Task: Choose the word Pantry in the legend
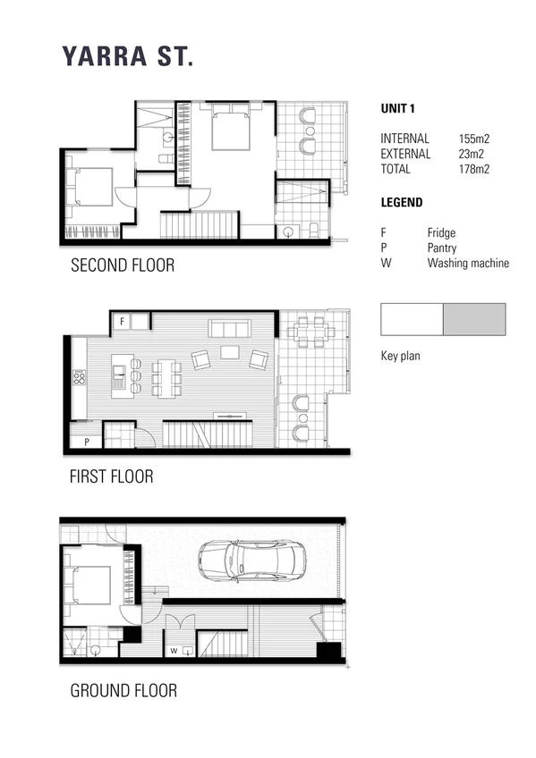click(x=443, y=247)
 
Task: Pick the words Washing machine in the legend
click(x=467, y=263)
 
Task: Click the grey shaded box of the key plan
click(x=474, y=319)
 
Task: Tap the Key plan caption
click(x=400, y=356)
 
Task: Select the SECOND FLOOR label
click(x=122, y=265)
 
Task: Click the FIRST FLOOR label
click(x=111, y=476)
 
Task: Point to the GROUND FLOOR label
click(x=123, y=690)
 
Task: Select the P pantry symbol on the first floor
click(x=86, y=442)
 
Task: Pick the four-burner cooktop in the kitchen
click(x=79, y=378)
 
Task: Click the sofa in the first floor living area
click(x=230, y=328)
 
